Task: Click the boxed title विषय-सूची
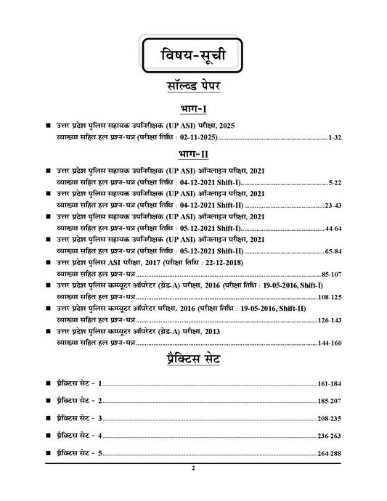point(193,56)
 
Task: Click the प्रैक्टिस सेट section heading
point(193,359)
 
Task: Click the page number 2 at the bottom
point(193,468)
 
